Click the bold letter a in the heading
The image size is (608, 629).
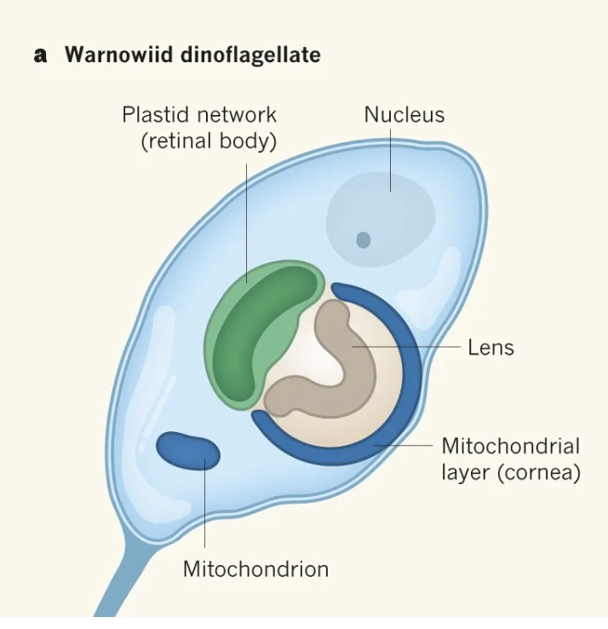(39, 56)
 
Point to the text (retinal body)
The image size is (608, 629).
(209, 141)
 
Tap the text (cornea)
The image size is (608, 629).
(542, 472)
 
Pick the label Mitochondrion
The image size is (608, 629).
(255, 568)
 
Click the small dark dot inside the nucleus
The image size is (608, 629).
(364, 240)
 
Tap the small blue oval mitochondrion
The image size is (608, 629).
(188, 451)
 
